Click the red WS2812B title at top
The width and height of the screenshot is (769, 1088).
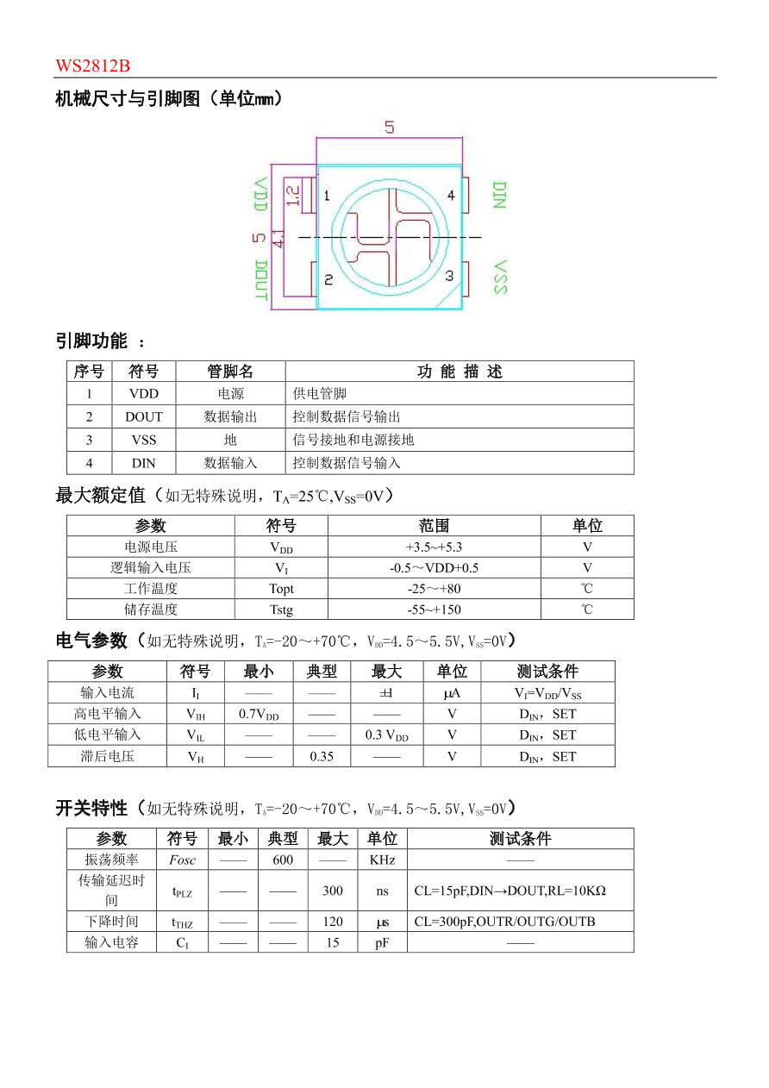coord(92,66)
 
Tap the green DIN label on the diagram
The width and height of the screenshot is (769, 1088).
coord(498,195)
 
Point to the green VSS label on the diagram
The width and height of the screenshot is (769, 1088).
coord(499,278)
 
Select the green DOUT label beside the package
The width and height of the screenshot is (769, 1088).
coord(260,279)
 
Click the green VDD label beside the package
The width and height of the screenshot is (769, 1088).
coord(260,195)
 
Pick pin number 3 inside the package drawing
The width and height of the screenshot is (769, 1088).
coord(448,276)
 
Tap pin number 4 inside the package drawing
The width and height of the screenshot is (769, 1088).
coord(450,196)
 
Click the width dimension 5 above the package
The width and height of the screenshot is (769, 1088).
coord(390,128)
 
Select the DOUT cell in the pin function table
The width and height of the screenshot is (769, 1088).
coord(143,416)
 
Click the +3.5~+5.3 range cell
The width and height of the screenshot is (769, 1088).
coord(434,547)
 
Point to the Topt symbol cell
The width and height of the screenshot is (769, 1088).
coord(281,589)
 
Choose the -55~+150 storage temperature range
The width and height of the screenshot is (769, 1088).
coord(434,610)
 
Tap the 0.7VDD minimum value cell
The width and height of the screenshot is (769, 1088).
coord(258,714)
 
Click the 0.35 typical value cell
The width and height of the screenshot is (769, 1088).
coord(321,756)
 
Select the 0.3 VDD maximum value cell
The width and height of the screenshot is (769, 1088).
coord(386,735)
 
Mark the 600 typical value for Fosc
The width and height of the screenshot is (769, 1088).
coord(282,860)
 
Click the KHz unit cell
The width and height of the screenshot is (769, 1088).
coord(382,860)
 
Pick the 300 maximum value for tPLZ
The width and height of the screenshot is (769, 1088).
coord(332,891)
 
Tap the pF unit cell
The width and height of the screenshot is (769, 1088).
coord(382,942)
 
